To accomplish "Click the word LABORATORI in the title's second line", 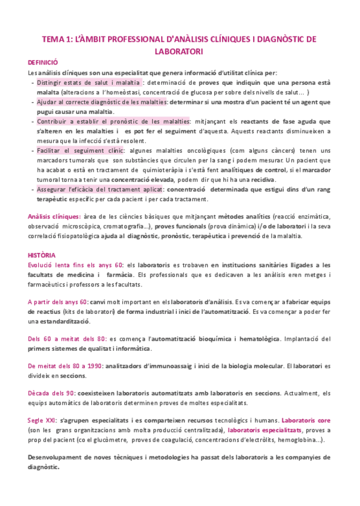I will tap(180, 51).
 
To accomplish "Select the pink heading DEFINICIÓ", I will tap(43, 62).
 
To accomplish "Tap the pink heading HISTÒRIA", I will tap(42, 254).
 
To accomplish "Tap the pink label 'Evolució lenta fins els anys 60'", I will tap(75, 264).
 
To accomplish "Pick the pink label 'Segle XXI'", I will tap(42, 420).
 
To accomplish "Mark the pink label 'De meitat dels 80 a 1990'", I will tap(66, 365).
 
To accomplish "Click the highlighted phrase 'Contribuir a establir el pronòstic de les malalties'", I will tap(112, 121).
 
